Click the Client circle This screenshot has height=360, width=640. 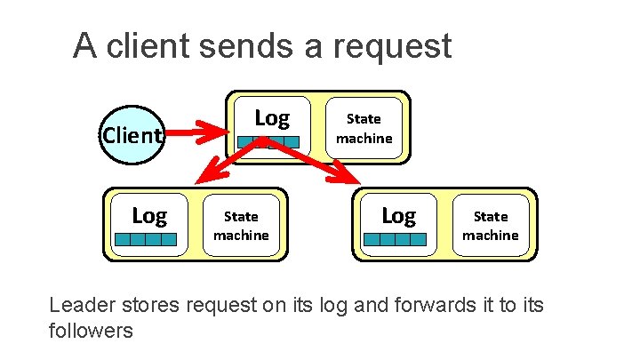pos(132,135)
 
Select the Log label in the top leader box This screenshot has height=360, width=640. pos(271,117)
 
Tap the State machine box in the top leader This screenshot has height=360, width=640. pos(363,128)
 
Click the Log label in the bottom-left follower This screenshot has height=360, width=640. pos(148,215)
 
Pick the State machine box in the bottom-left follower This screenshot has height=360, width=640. pos(241,226)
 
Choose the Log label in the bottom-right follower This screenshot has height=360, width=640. pos(397,215)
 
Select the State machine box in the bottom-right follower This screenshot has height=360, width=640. pos(490,226)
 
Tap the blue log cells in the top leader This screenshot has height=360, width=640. pos(270,141)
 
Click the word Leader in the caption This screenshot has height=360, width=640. pos(84,306)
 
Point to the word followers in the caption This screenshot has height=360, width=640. pos(91,332)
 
